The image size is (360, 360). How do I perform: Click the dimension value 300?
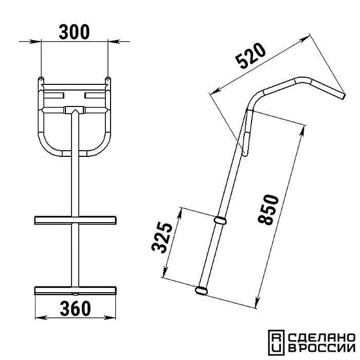click(x=74, y=32)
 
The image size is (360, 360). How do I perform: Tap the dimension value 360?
click(x=75, y=309)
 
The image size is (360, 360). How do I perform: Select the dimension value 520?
click(x=251, y=56)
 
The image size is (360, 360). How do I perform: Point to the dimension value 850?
click(x=268, y=209)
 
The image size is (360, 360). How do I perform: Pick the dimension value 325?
click(x=162, y=238)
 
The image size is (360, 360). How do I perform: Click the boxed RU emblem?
click(x=276, y=343)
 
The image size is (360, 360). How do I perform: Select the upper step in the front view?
click(x=75, y=220)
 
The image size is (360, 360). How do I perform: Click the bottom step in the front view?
click(x=75, y=291)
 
